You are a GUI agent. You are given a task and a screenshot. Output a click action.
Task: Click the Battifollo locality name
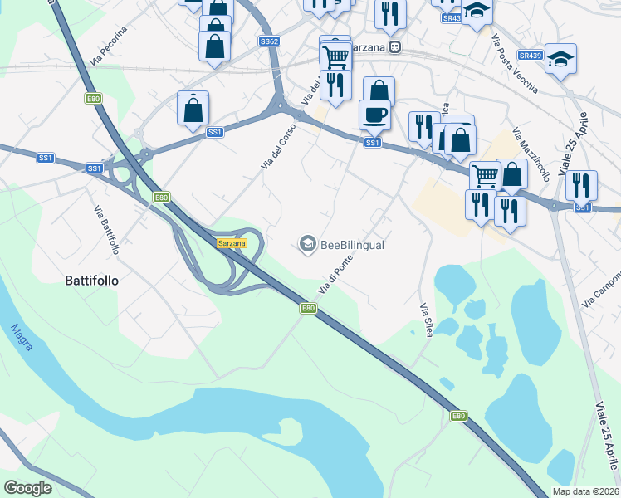[91, 281]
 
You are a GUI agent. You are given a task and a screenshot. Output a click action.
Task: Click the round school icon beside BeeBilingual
[307, 243]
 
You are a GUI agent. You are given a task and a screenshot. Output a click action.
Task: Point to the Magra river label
[22, 336]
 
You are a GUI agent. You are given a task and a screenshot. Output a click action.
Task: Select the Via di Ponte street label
[338, 274]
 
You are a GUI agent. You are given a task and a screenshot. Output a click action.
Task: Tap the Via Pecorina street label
[109, 46]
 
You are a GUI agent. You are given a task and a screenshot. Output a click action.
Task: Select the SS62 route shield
[268, 41]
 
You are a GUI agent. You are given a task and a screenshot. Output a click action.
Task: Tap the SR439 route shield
[530, 56]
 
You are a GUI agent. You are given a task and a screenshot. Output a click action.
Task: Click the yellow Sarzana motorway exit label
[232, 243]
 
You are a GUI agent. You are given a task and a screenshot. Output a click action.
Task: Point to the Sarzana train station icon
[396, 47]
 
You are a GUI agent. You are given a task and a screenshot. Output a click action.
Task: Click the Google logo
[27, 488]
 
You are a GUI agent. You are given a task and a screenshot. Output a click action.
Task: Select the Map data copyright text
[585, 491]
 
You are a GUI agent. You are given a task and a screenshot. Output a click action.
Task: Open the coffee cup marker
[374, 115]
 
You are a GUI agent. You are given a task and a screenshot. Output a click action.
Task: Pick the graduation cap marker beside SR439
[560, 59]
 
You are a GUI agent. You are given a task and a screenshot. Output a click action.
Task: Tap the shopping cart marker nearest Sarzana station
[335, 56]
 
